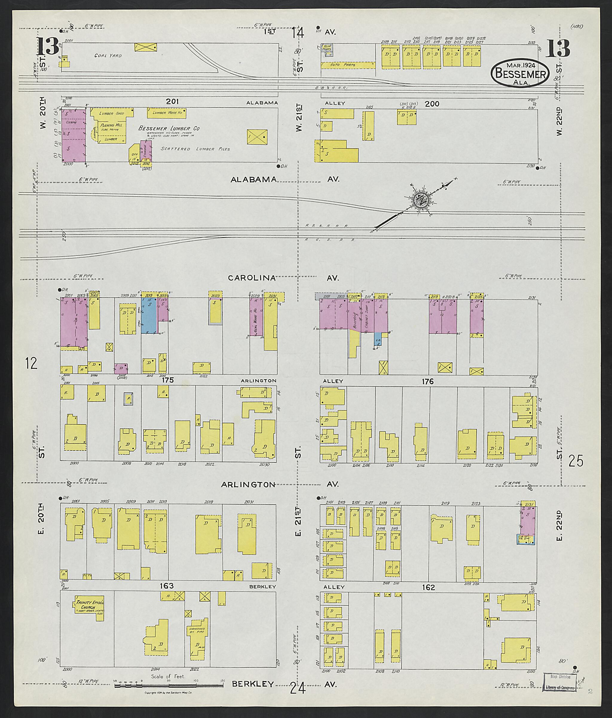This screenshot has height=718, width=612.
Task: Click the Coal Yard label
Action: coord(108,55)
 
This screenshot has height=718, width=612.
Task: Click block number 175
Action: coord(168,380)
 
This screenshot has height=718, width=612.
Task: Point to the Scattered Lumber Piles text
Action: coord(195,149)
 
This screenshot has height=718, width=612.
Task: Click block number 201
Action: coord(172,102)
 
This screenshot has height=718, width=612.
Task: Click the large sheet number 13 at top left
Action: coord(48,46)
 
